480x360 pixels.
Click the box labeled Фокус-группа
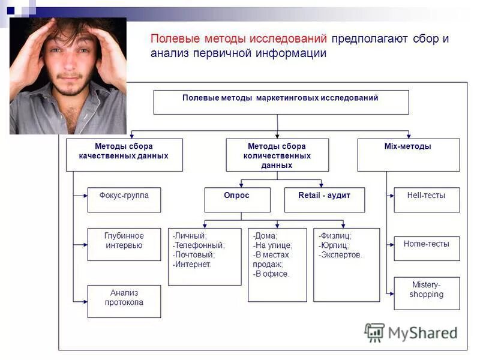(124, 200)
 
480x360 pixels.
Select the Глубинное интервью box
(124, 244)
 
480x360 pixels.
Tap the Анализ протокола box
(124, 301)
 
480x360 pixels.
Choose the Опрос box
(237, 200)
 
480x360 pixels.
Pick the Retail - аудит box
(325, 200)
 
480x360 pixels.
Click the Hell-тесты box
(427, 200)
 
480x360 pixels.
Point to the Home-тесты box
(427, 248)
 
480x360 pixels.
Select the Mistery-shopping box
(427, 293)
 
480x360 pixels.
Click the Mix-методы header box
(409, 155)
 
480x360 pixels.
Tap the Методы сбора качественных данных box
(124, 155)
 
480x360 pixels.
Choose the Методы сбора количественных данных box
(277, 155)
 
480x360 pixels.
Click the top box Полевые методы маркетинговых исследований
(281, 102)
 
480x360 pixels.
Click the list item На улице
(273, 245)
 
